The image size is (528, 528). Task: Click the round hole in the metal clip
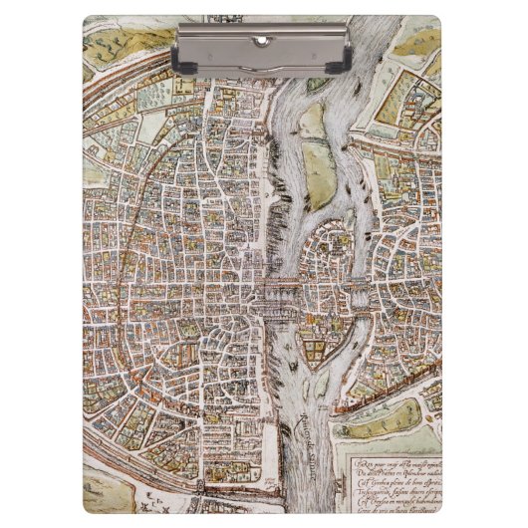click(x=263, y=41)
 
